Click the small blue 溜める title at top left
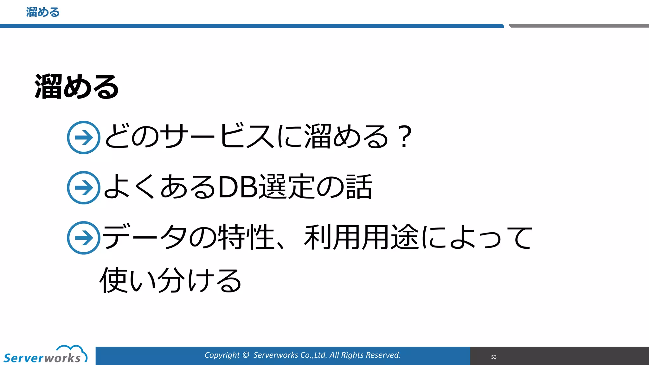43,12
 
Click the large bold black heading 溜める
77,86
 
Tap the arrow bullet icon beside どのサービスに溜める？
84,138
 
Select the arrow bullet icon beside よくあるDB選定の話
84,188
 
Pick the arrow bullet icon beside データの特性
84,238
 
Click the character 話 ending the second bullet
359,187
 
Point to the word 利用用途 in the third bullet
361,237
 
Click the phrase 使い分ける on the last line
170,280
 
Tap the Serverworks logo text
42,358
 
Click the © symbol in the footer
246,355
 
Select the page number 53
494,357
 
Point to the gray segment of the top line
579,26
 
